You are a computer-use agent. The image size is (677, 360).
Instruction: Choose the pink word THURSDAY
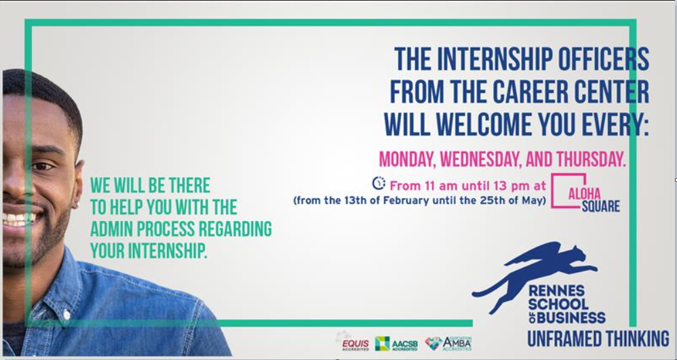click(x=591, y=159)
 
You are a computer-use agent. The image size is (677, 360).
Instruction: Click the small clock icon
click(x=379, y=184)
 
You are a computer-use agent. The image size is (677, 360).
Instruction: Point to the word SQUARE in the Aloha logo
click(x=600, y=206)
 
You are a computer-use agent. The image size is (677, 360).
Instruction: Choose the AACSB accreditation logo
click(x=396, y=344)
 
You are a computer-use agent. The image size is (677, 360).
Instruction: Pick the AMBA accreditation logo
click(x=448, y=343)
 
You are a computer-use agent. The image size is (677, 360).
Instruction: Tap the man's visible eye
click(x=42, y=165)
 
